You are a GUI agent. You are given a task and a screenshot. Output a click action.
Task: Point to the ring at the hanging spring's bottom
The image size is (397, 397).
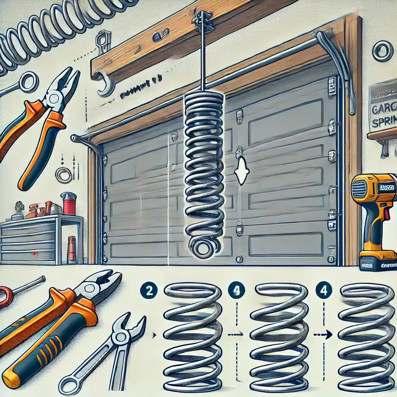pyautogui.click(x=203, y=247)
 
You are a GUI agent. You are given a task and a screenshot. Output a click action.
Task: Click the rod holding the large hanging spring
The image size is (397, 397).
pyautogui.click(x=202, y=58)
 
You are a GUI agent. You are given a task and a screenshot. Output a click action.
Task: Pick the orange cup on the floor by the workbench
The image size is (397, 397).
pyautogui.click(x=72, y=250)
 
